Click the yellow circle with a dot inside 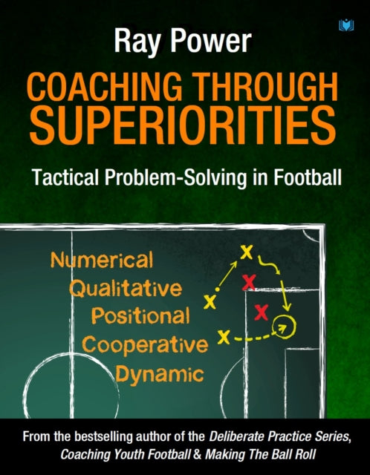(x=282, y=324)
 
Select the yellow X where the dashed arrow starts (x=221, y=338)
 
